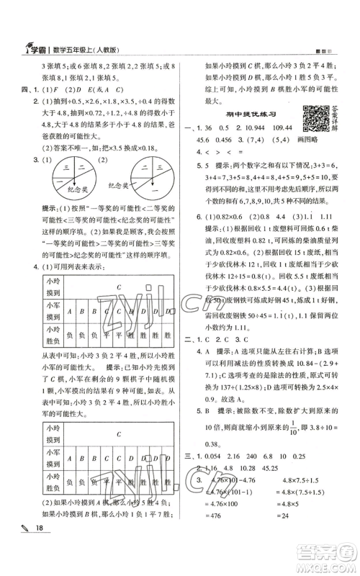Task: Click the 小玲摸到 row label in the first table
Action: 33,288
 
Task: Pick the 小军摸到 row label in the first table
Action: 33,313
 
